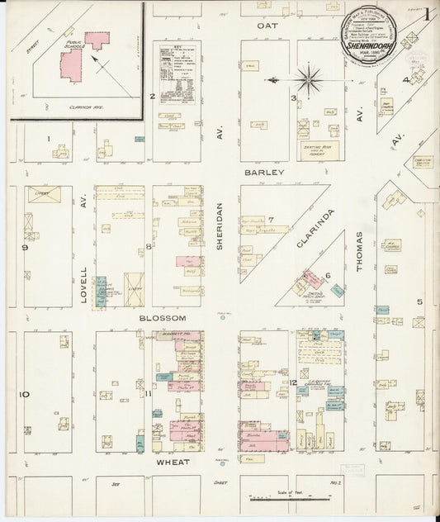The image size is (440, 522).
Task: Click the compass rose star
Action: tap(309, 80)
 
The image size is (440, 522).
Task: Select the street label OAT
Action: tap(267, 26)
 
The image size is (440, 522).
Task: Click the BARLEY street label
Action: tap(265, 173)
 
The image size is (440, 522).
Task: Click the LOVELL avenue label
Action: tap(83, 285)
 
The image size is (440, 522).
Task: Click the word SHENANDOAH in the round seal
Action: tap(370, 46)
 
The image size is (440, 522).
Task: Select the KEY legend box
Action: tap(177, 74)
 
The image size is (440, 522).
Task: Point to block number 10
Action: tap(25, 394)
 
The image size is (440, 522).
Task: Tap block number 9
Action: tap(25, 247)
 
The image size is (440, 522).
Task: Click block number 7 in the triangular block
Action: tap(270, 219)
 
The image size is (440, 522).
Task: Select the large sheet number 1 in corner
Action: tap(427, 13)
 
